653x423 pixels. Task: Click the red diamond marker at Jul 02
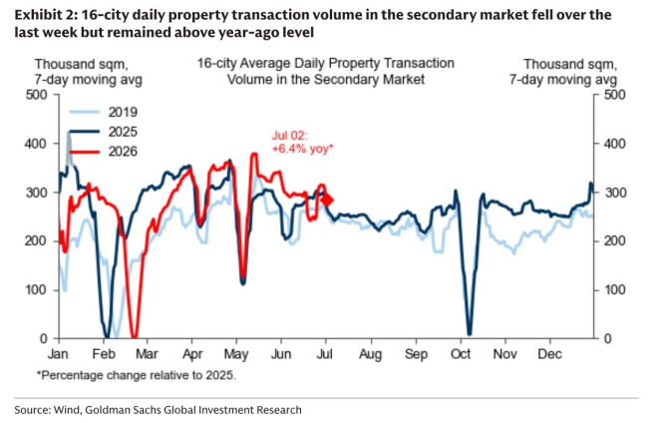[x=327, y=201]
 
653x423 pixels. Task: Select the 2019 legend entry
[x=104, y=112]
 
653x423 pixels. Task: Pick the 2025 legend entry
[x=104, y=132]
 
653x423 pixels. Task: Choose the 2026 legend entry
[x=104, y=152]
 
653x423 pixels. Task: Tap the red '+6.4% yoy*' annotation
[x=303, y=149]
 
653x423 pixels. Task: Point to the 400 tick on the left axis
[x=37, y=144]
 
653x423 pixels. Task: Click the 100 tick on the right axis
[x=615, y=290]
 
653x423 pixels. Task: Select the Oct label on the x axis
[x=461, y=354]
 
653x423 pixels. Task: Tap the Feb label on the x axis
[x=104, y=354]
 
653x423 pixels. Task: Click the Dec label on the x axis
[x=549, y=354]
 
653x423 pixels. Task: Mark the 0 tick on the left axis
[x=44, y=339]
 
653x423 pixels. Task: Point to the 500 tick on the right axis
[x=615, y=95]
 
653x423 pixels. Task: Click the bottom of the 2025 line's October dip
[x=470, y=333]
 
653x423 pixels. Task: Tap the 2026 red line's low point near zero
[x=134, y=337]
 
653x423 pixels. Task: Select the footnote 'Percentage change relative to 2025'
[x=138, y=375]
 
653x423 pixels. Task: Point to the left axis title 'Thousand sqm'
[x=81, y=64]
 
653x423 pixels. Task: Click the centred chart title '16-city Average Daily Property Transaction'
[x=326, y=63]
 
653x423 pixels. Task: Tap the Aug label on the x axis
[x=370, y=354]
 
